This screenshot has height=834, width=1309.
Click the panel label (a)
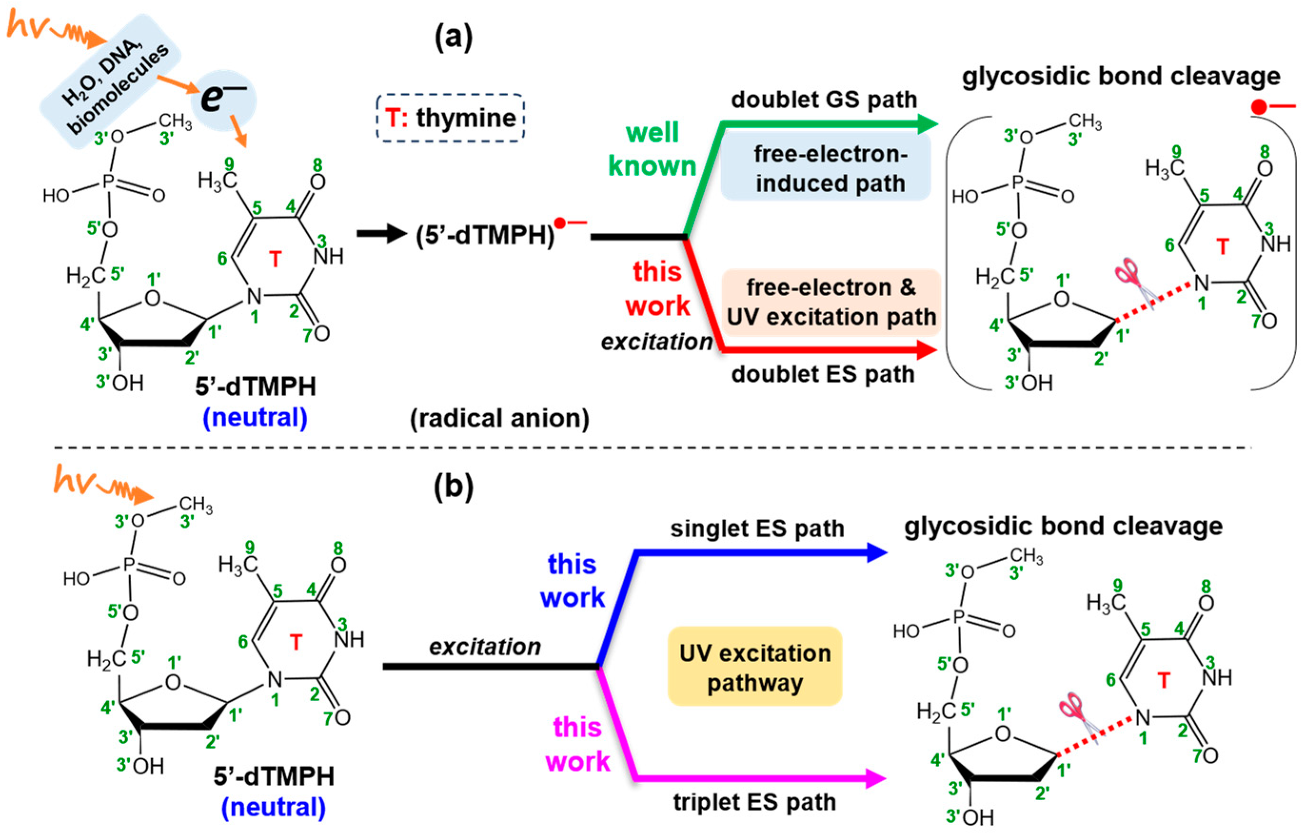[453, 38]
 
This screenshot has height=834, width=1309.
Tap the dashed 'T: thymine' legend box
[450, 118]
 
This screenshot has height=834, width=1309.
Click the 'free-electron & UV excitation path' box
[831, 302]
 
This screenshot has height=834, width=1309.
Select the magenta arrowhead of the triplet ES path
[875, 779]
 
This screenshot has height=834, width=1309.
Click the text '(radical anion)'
[499, 418]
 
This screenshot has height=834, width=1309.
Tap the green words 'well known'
[652, 149]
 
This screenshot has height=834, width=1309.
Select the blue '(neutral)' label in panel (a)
[255, 417]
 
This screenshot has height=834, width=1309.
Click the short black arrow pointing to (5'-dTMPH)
[382, 234]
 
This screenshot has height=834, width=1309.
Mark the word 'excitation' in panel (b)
[485, 647]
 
